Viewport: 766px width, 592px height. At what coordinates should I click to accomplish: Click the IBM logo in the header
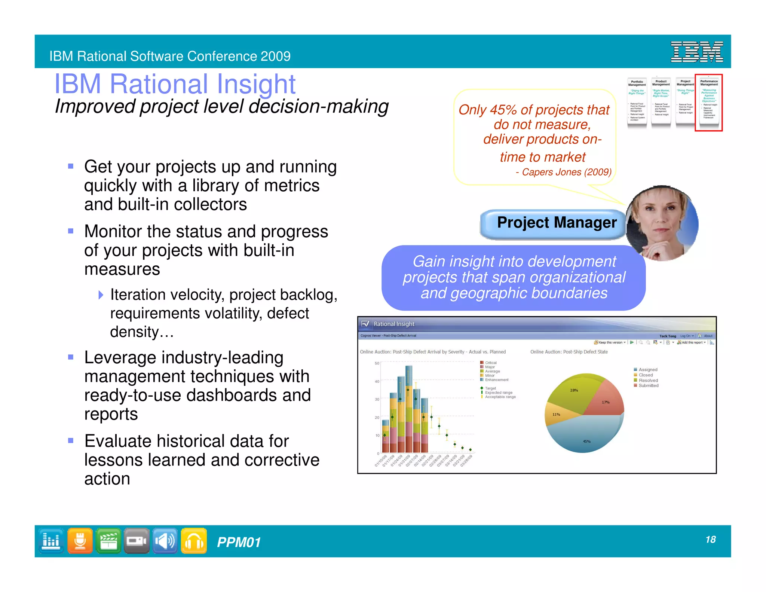(x=696, y=52)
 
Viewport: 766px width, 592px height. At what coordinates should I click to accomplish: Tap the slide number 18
(x=710, y=539)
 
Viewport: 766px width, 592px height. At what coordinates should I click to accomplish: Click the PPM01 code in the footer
(x=239, y=542)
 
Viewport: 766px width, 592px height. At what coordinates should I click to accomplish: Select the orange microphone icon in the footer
(x=80, y=541)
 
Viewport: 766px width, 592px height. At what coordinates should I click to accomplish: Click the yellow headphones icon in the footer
(x=194, y=541)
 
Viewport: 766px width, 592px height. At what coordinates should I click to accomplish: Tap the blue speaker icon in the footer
(x=165, y=541)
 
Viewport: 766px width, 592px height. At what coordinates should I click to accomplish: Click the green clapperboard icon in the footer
(x=108, y=541)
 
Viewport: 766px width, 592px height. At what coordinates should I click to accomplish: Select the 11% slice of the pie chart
(x=556, y=414)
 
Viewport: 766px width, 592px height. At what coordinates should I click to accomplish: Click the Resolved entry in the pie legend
(x=648, y=380)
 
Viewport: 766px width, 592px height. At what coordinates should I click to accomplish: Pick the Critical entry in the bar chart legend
(x=490, y=363)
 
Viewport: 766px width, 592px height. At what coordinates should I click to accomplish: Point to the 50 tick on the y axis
(x=377, y=363)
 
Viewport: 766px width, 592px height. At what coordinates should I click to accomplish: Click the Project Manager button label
(x=557, y=223)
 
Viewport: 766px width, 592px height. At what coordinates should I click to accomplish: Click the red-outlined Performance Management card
(x=709, y=103)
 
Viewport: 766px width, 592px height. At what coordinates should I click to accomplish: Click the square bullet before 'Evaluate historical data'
(x=71, y=440)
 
